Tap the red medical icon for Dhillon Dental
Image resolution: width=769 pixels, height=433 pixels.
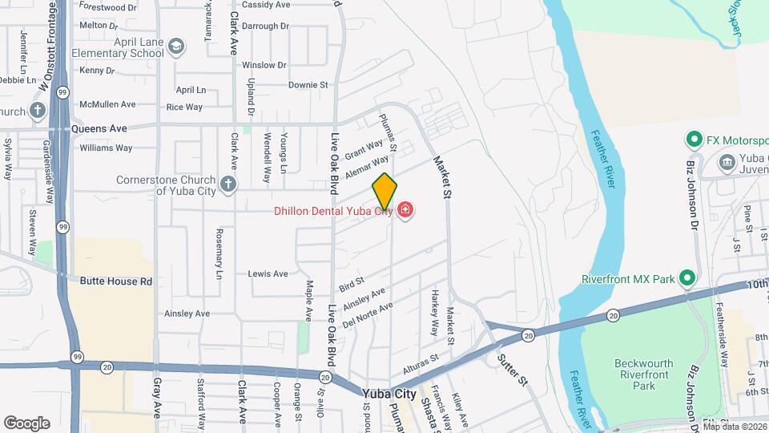pyautogui.click(x=405, y=211)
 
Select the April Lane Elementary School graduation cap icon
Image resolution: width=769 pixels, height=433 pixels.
pyautogui.click(x=175, y=48)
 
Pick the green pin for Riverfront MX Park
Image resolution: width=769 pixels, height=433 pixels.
pyautogui.click(x=686, y=279)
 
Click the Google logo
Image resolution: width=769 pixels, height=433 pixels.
pyautogui.click(x=26, y=423)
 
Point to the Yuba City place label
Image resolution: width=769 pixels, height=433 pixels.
pyautogui.click(x=389, y=395)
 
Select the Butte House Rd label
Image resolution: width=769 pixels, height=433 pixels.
pyautogui.click(x=115, y=281)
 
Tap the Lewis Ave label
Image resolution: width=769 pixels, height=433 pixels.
pyautogui.click(x=268, y=274)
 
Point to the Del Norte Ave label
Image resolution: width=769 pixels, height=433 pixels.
pyautogui.click(x=368, y=315)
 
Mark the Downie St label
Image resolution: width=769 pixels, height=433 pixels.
pyautogui.click(x=308, y=85)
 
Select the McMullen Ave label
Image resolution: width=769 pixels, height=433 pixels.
pyautogui.click(x=107, y=104)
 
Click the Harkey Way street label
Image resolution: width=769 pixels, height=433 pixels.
pyautogui.click(x=434, y=312)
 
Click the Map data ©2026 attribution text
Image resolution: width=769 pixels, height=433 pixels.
pyautogui.click(x=735, y=427)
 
